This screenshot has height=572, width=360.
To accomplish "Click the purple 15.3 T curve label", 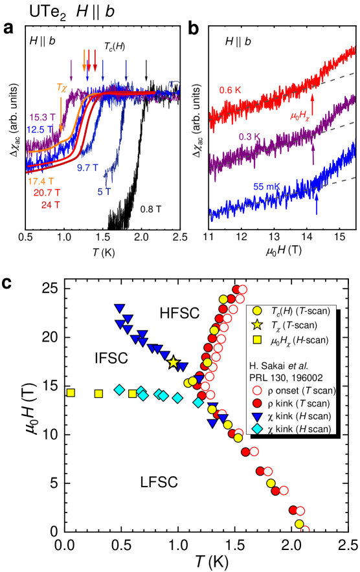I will [x=43, y=117].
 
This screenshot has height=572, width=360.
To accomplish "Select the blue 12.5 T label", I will [x=40, y=129].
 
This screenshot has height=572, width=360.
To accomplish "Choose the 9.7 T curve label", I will [x=87, y=168].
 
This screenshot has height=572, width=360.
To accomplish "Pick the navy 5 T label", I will [x=104, y=192].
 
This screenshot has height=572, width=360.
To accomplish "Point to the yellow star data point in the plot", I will [x=173, y=362].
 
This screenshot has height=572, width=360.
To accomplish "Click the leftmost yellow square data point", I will [x=71, y=393].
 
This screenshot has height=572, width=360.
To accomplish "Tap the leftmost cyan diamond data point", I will [x=119, y=389].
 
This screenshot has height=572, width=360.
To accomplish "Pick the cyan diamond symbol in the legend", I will [x=257, y=430].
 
